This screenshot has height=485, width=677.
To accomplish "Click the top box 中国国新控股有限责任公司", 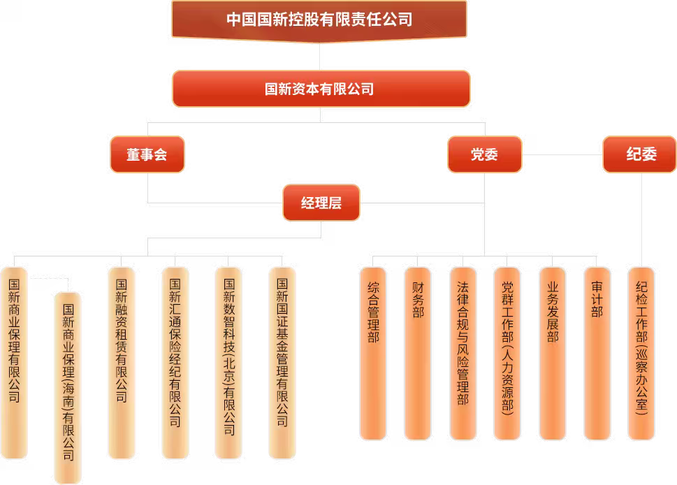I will [319, 19].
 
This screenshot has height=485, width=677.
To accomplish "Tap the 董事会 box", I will [147, 154].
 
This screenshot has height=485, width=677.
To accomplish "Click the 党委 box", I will [484, 154].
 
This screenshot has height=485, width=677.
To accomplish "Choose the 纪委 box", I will [640, 154].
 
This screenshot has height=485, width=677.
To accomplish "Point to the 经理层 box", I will [321, 203].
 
